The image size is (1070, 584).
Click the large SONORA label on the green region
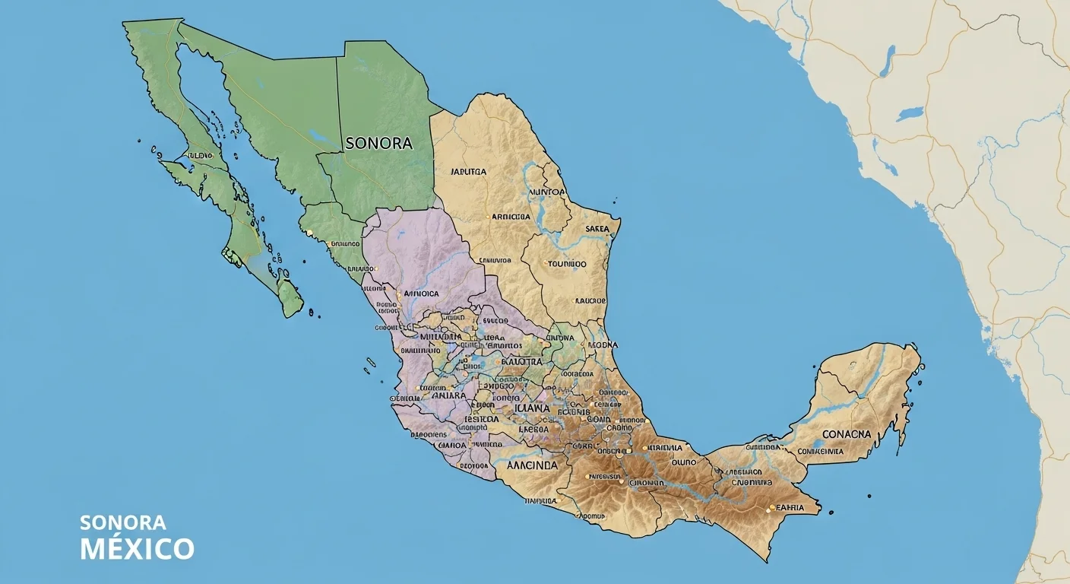(x=378, y=143)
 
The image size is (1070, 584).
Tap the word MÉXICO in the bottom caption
(x=137, y=548)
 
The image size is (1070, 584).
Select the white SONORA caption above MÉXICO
(x=122, y=523)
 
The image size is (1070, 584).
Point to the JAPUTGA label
(x=468, y=172)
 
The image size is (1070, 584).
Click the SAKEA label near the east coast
(x=598, y=229)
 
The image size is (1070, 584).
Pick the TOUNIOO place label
(x=567, y=264)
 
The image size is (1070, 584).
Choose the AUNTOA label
(x=546, y=192)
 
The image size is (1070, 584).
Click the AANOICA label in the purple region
(x=422, y=293)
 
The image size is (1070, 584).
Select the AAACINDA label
(x=532, y=465)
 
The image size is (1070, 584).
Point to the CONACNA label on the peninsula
(x=845, y=434)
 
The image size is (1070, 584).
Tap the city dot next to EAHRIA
(x=772, y=507)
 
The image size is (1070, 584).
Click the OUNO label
(x=683, y=462)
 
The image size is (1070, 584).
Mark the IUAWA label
(x=532, y=408)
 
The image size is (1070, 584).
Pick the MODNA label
(x=603, y=344)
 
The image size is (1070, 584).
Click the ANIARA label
(x=448, y=395)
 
